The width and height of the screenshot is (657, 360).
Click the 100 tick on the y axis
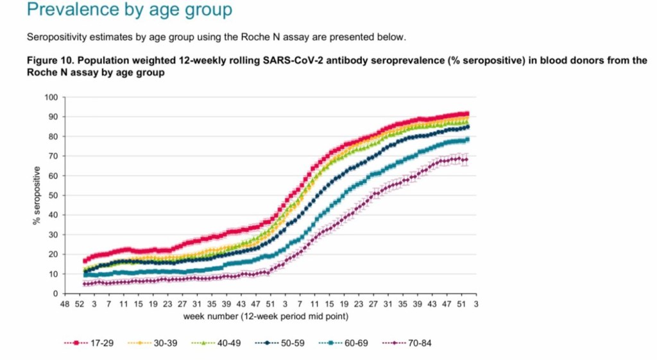point(51,98)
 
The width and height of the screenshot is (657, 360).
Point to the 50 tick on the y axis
point(53,195)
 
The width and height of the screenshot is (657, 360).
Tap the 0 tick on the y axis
point(56,293)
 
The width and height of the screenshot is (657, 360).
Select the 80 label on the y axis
point(53,137)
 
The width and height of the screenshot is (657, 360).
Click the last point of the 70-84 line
point(466,160)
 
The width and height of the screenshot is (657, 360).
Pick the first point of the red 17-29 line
point(85,261)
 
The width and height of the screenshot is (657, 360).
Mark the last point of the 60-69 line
point(467,139)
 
